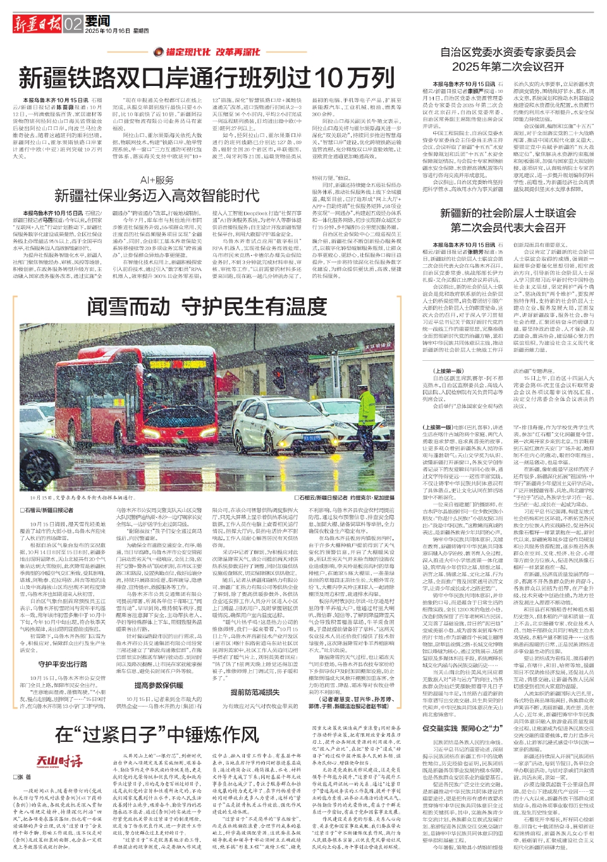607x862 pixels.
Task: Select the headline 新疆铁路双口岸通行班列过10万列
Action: pos(206,78)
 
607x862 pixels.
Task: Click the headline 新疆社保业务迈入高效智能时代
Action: pos(156,195)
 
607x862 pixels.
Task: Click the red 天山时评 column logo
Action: pos(58,760)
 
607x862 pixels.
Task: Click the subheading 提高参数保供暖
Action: pos(159,685)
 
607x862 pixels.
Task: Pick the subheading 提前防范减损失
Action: pos(255,693)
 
